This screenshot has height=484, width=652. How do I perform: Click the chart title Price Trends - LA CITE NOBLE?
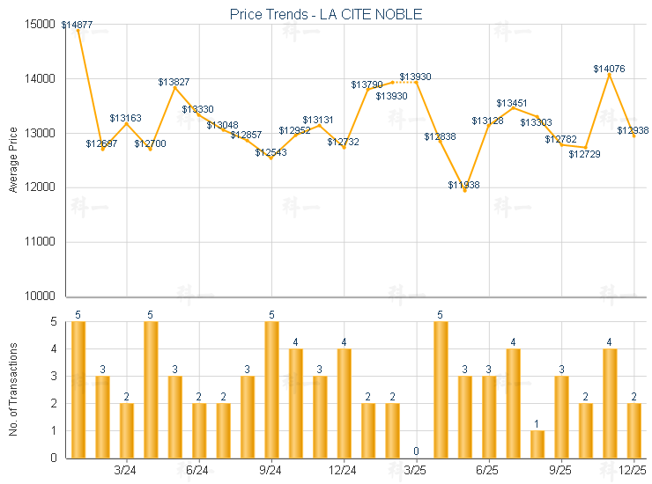325,14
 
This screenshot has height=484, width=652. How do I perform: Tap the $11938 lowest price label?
463,185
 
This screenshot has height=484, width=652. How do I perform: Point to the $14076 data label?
609,69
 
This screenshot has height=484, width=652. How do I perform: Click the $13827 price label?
174,82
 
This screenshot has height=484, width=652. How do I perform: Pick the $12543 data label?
270,152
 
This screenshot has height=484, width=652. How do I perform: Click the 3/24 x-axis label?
126,471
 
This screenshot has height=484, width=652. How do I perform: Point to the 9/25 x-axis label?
560,471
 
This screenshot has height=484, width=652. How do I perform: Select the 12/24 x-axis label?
344,471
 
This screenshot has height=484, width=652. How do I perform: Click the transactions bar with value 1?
537,444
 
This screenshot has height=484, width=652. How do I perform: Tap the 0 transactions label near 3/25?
416,451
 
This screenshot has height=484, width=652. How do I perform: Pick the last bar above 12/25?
633,430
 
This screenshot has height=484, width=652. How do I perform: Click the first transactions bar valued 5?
78,390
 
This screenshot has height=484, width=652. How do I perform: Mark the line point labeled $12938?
633,136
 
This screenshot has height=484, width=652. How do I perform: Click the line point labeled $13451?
513,108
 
